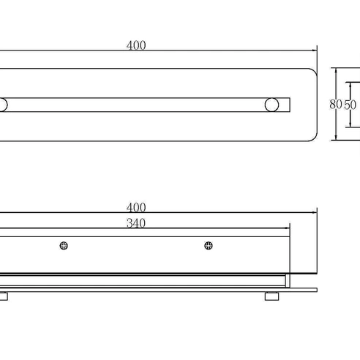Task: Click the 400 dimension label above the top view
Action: tap(136, 45)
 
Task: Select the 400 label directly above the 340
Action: tap(136, 207)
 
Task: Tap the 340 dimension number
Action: tap(136, 223)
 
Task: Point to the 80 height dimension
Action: tap(336, 105)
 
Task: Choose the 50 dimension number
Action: tap(350, 105)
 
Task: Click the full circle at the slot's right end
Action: tap(271, 105)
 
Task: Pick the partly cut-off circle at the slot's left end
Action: tap(4, 105)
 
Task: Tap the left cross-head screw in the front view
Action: tap(64, 246)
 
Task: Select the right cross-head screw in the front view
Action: tap(209, 246)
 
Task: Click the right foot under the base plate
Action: tap(271, 296)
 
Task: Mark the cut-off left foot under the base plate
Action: tap(4, 296)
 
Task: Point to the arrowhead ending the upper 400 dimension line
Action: tap(315, 50)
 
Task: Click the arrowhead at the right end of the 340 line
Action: tap(288, 228)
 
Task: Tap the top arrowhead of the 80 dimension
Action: tap(336, 71)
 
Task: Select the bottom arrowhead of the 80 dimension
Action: tap(336, 138)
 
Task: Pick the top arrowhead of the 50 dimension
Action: tap(350, 85)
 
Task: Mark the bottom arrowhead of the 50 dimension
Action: tap(350, 124)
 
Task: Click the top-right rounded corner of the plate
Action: tap(315, 71)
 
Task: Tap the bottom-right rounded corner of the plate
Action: tap(315, 138)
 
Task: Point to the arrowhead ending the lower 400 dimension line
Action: tap(315, 212)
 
